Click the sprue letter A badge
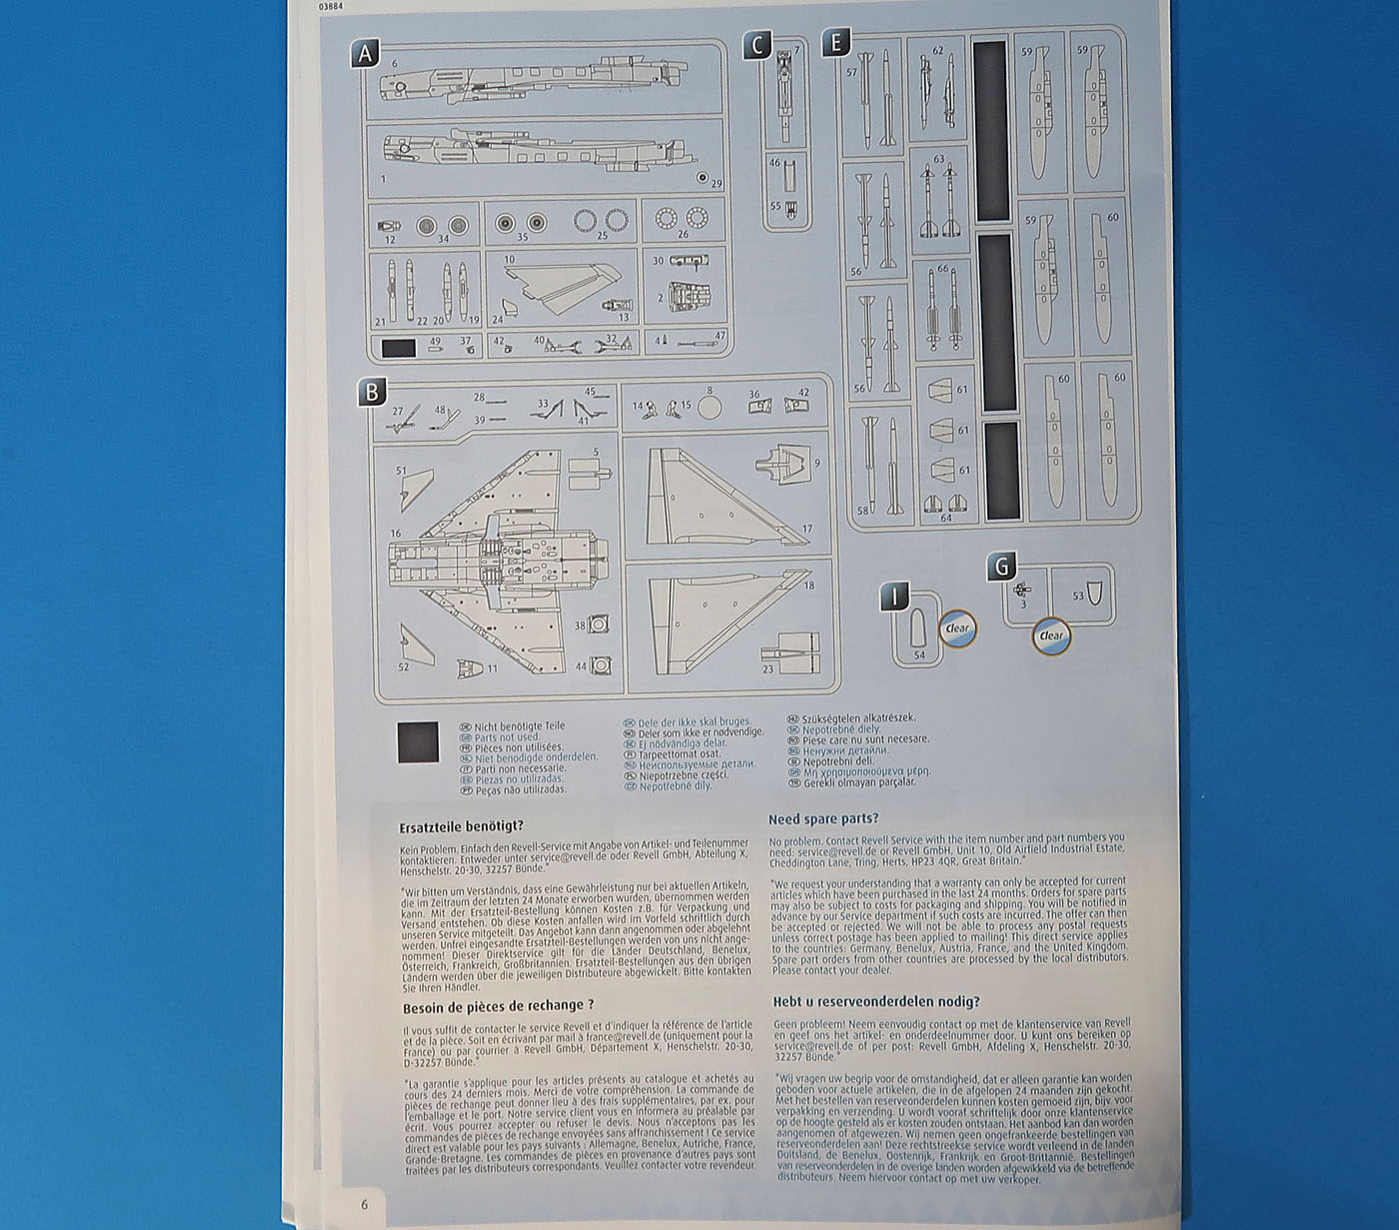[365, 54]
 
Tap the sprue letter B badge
[372, 391]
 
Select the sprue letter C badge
[757, 45]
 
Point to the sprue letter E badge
[834, 43]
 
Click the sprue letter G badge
[1000, 568]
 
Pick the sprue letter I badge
[894, 598]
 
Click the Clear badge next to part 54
[957, 628]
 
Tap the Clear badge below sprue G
[1051, 635]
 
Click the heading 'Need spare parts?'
[823, 819]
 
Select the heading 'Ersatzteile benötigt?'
[461, 827]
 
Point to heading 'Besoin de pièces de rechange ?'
[498, 1006]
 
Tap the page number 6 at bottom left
[364, 1204]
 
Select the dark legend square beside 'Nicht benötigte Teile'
[418, 741]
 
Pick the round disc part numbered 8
[708, 406]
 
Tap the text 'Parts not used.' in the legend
[506, 737]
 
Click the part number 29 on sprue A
[715, 184]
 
